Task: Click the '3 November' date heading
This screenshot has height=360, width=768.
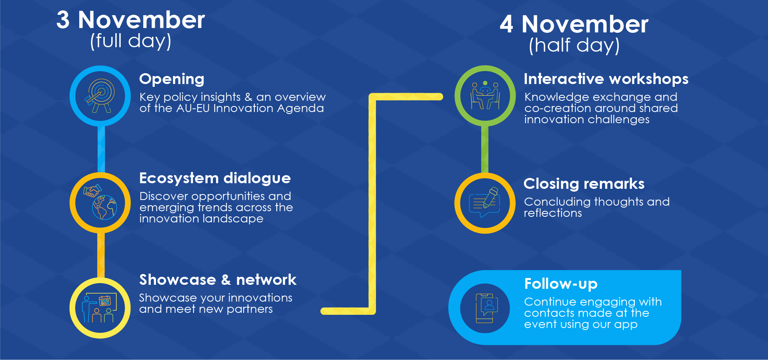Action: point(130,20)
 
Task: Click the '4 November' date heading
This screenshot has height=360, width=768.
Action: point(574,24)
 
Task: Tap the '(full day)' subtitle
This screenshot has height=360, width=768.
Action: point(131,41)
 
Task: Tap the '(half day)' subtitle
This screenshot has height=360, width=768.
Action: point(574,45)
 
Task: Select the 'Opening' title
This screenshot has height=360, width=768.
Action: point(172,79)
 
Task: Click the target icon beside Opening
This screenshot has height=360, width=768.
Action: point(100,96)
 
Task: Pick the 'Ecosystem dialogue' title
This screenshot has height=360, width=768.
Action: point(215,178)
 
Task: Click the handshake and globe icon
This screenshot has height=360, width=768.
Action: point(100,202)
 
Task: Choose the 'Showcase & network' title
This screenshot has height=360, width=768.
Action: point(218,280)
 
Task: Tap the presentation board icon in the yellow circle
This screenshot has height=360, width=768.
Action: point(100,308)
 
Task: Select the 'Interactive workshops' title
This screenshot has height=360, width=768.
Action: point(606,79)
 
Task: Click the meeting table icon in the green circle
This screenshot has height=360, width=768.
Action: point(485,95)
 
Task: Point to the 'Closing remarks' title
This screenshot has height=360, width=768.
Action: point(584,184)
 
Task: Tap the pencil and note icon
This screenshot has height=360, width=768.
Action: point(485,202)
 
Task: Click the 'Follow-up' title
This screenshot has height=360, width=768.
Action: point(561,284)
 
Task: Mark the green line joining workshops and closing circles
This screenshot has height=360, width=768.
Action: point(485,149)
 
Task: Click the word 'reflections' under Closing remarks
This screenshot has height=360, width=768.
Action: point(553,213)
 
